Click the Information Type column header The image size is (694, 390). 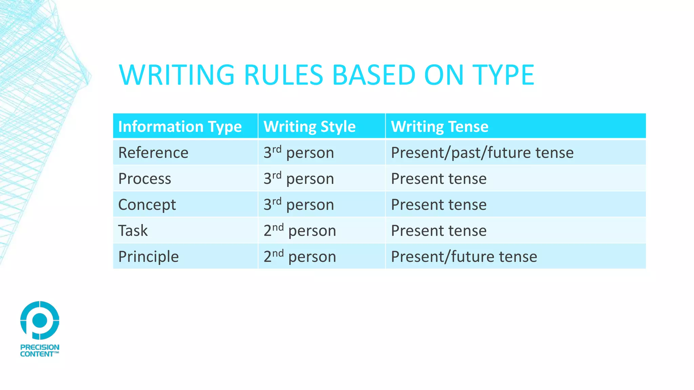pos(180,127)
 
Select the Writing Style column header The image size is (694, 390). pos(309,127)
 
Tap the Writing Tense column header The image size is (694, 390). pos(440,127)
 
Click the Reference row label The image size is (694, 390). pos(153,153)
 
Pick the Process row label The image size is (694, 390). pos(145,179)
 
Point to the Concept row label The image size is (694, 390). pos(147,205)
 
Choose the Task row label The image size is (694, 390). pos(133,231)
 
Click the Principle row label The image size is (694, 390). pos(148,257)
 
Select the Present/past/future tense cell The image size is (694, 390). pos(482,153)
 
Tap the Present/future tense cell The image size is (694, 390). pos(464,257)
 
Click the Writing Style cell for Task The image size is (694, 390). pos(300,231)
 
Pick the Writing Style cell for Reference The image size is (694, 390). pos(299,153)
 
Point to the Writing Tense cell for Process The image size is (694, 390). pos(438,179)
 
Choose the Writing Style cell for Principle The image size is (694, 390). pos(300,257)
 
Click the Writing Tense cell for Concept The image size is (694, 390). pos(438,205)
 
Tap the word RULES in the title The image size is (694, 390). pos(283,75)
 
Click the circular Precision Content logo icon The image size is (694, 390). pos(40,320)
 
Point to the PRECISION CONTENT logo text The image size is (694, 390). pos(40,351)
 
